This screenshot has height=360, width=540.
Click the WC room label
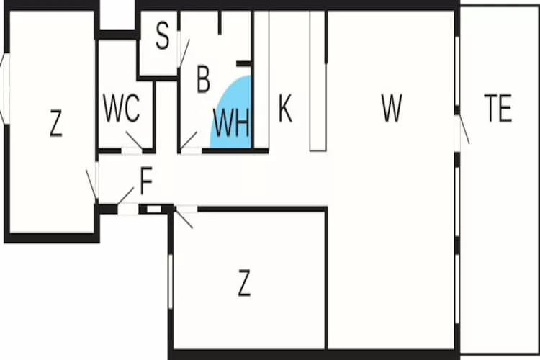[121, 109]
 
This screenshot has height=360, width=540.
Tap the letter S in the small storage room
[163, 37]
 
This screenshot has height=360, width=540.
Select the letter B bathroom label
[203, 79]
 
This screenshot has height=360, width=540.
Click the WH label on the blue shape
[231, 122]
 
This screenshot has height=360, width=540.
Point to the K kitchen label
[285, 109]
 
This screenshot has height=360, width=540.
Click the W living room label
[391, 109]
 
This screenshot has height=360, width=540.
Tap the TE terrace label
[498, 109]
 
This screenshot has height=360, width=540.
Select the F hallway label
[146, 183]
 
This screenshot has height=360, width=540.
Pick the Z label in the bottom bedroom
[244, 285]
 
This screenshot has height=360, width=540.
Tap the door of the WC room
[134, 140]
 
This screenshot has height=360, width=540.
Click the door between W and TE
[463, 131]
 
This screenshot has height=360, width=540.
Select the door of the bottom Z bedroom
[185, 217]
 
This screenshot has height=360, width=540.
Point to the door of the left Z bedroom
[92, 184]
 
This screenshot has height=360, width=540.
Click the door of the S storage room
[183, 54]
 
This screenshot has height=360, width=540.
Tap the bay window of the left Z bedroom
[4, 90]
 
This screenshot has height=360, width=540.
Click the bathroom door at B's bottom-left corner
[189, 141]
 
